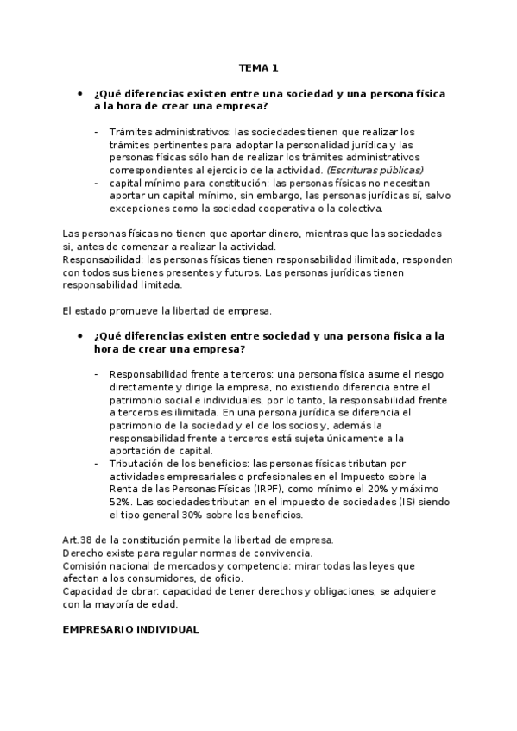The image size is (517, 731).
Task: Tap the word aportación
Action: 137,450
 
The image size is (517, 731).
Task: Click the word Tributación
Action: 140,464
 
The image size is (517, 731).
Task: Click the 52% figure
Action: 121,502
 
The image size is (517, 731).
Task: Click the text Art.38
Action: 79,540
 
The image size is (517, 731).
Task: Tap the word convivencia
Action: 283,553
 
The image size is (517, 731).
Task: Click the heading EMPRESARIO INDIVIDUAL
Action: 131,629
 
